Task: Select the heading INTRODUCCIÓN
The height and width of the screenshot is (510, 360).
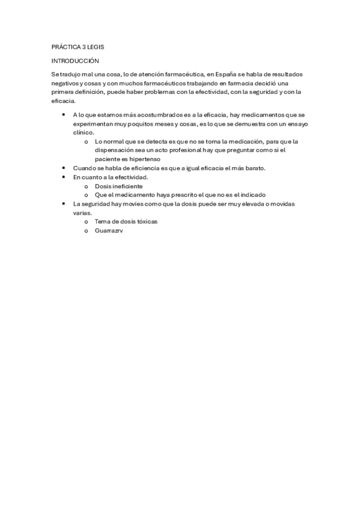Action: pyautogui.click(x=75, y=61)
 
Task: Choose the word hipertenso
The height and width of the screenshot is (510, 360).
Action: pyautogui.click(x=142, y=159)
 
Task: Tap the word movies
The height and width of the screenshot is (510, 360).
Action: pyautogui.click(x=135, y=204)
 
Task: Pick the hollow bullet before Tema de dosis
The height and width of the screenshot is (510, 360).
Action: pyautogui.click(x=87, y=221)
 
